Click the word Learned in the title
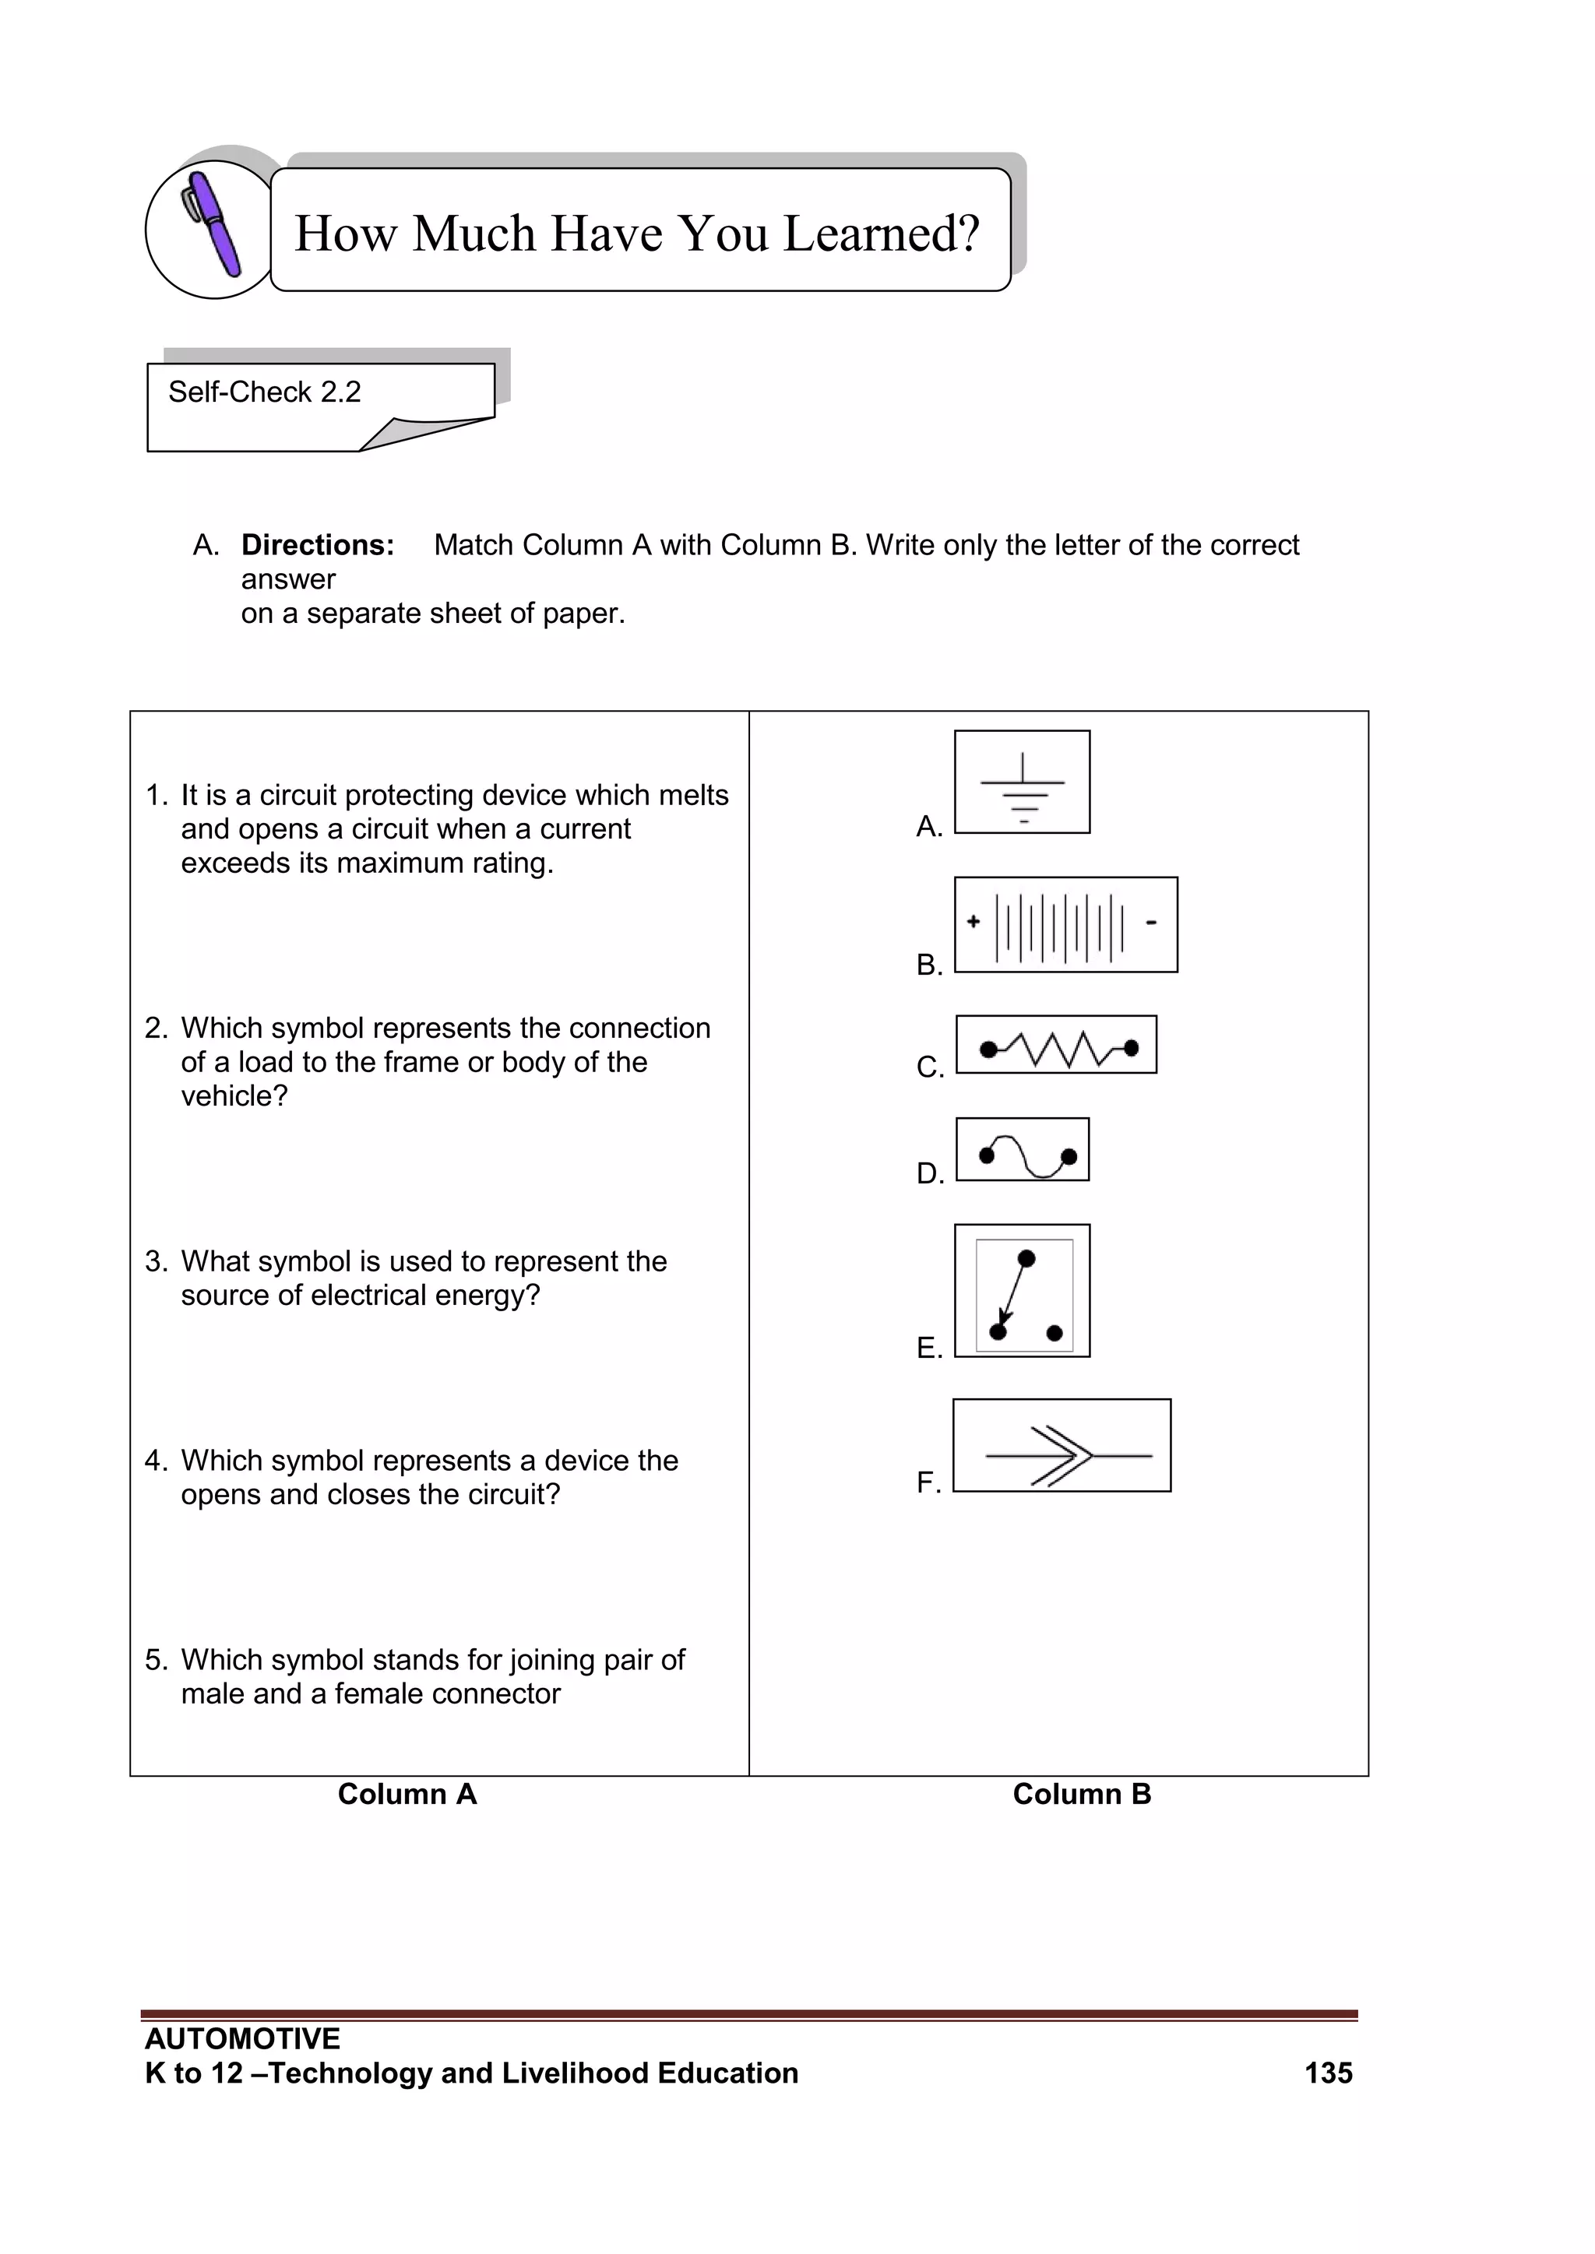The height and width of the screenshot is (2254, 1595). point(880,234)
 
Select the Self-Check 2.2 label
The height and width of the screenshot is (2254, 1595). point(264,392)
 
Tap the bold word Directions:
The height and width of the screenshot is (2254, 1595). point(317,545)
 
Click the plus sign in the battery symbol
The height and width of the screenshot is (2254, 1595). point(974,921)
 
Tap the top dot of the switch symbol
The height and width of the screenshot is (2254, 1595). point(1026,1258)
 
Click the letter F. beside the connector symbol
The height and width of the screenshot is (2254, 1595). point(928,1482)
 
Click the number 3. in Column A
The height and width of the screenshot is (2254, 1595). point(157,1261)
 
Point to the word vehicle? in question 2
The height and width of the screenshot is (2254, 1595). point(234,1096)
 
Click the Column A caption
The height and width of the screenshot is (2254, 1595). point(407,1795)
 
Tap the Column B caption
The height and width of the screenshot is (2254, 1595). point(1081,1795)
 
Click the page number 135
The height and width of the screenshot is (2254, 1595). point(1328,2073)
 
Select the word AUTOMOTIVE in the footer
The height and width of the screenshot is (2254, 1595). point(241,2039)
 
